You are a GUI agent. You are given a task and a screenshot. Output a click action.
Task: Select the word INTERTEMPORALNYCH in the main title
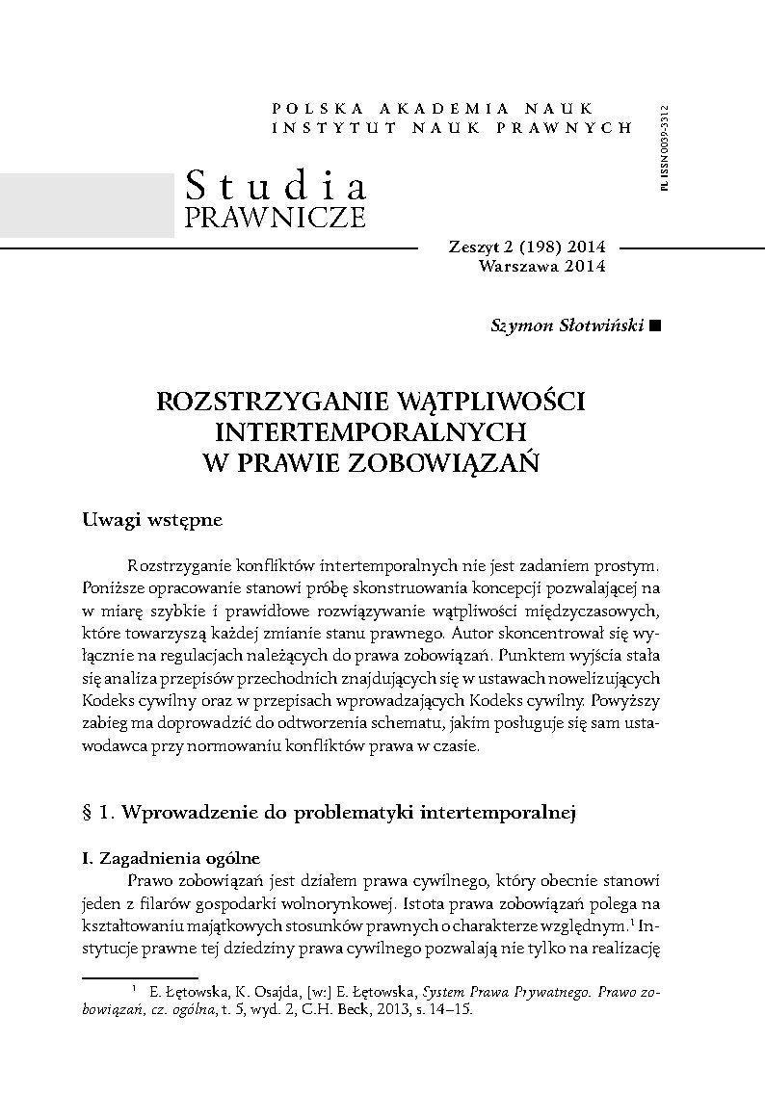coord(370,430)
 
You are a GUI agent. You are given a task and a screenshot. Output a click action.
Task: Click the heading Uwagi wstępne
coord(153,520)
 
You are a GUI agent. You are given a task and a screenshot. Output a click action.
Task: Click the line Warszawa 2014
coord(541,266)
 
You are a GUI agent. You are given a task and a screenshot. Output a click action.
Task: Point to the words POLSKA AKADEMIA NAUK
coord(434,108)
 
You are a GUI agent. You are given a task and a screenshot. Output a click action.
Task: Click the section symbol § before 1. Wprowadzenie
coord(89,813)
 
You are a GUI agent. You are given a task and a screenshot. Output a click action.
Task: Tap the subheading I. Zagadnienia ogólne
coord(171,858)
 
